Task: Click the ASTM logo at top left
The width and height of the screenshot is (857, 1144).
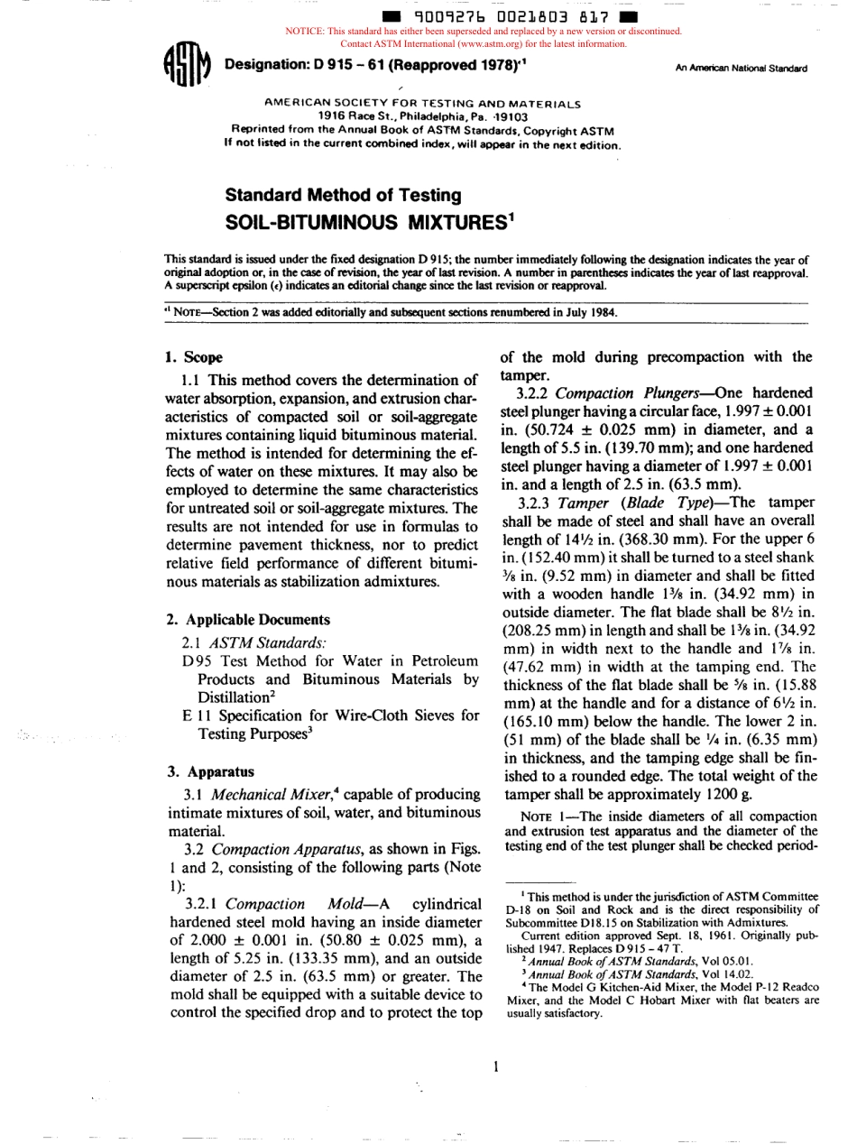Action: pos(187,67)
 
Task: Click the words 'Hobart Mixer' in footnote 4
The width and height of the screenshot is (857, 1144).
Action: pos(689,1000)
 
